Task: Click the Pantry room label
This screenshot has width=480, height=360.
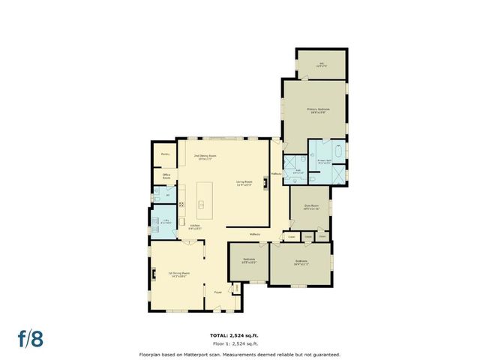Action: point(165,154)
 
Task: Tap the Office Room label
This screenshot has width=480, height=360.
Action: point(167,177)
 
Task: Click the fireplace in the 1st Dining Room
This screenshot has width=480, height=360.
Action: point(154,274)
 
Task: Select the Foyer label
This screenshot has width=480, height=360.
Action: point(217,292)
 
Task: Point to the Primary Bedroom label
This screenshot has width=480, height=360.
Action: point(318,109)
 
